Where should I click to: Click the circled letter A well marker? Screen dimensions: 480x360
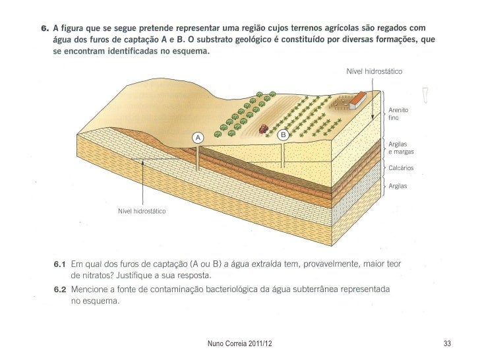[x=196, y=137]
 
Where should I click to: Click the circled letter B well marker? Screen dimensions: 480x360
[x=284, y=135]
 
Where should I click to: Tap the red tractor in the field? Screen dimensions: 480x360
[x=263, y=129]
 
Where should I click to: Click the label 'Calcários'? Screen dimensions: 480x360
[x=401, y=168]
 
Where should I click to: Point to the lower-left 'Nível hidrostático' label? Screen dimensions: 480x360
[x=141, y=212]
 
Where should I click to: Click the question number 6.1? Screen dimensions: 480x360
[x=61, y=264]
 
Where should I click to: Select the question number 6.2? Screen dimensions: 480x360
[x=61, y=289]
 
